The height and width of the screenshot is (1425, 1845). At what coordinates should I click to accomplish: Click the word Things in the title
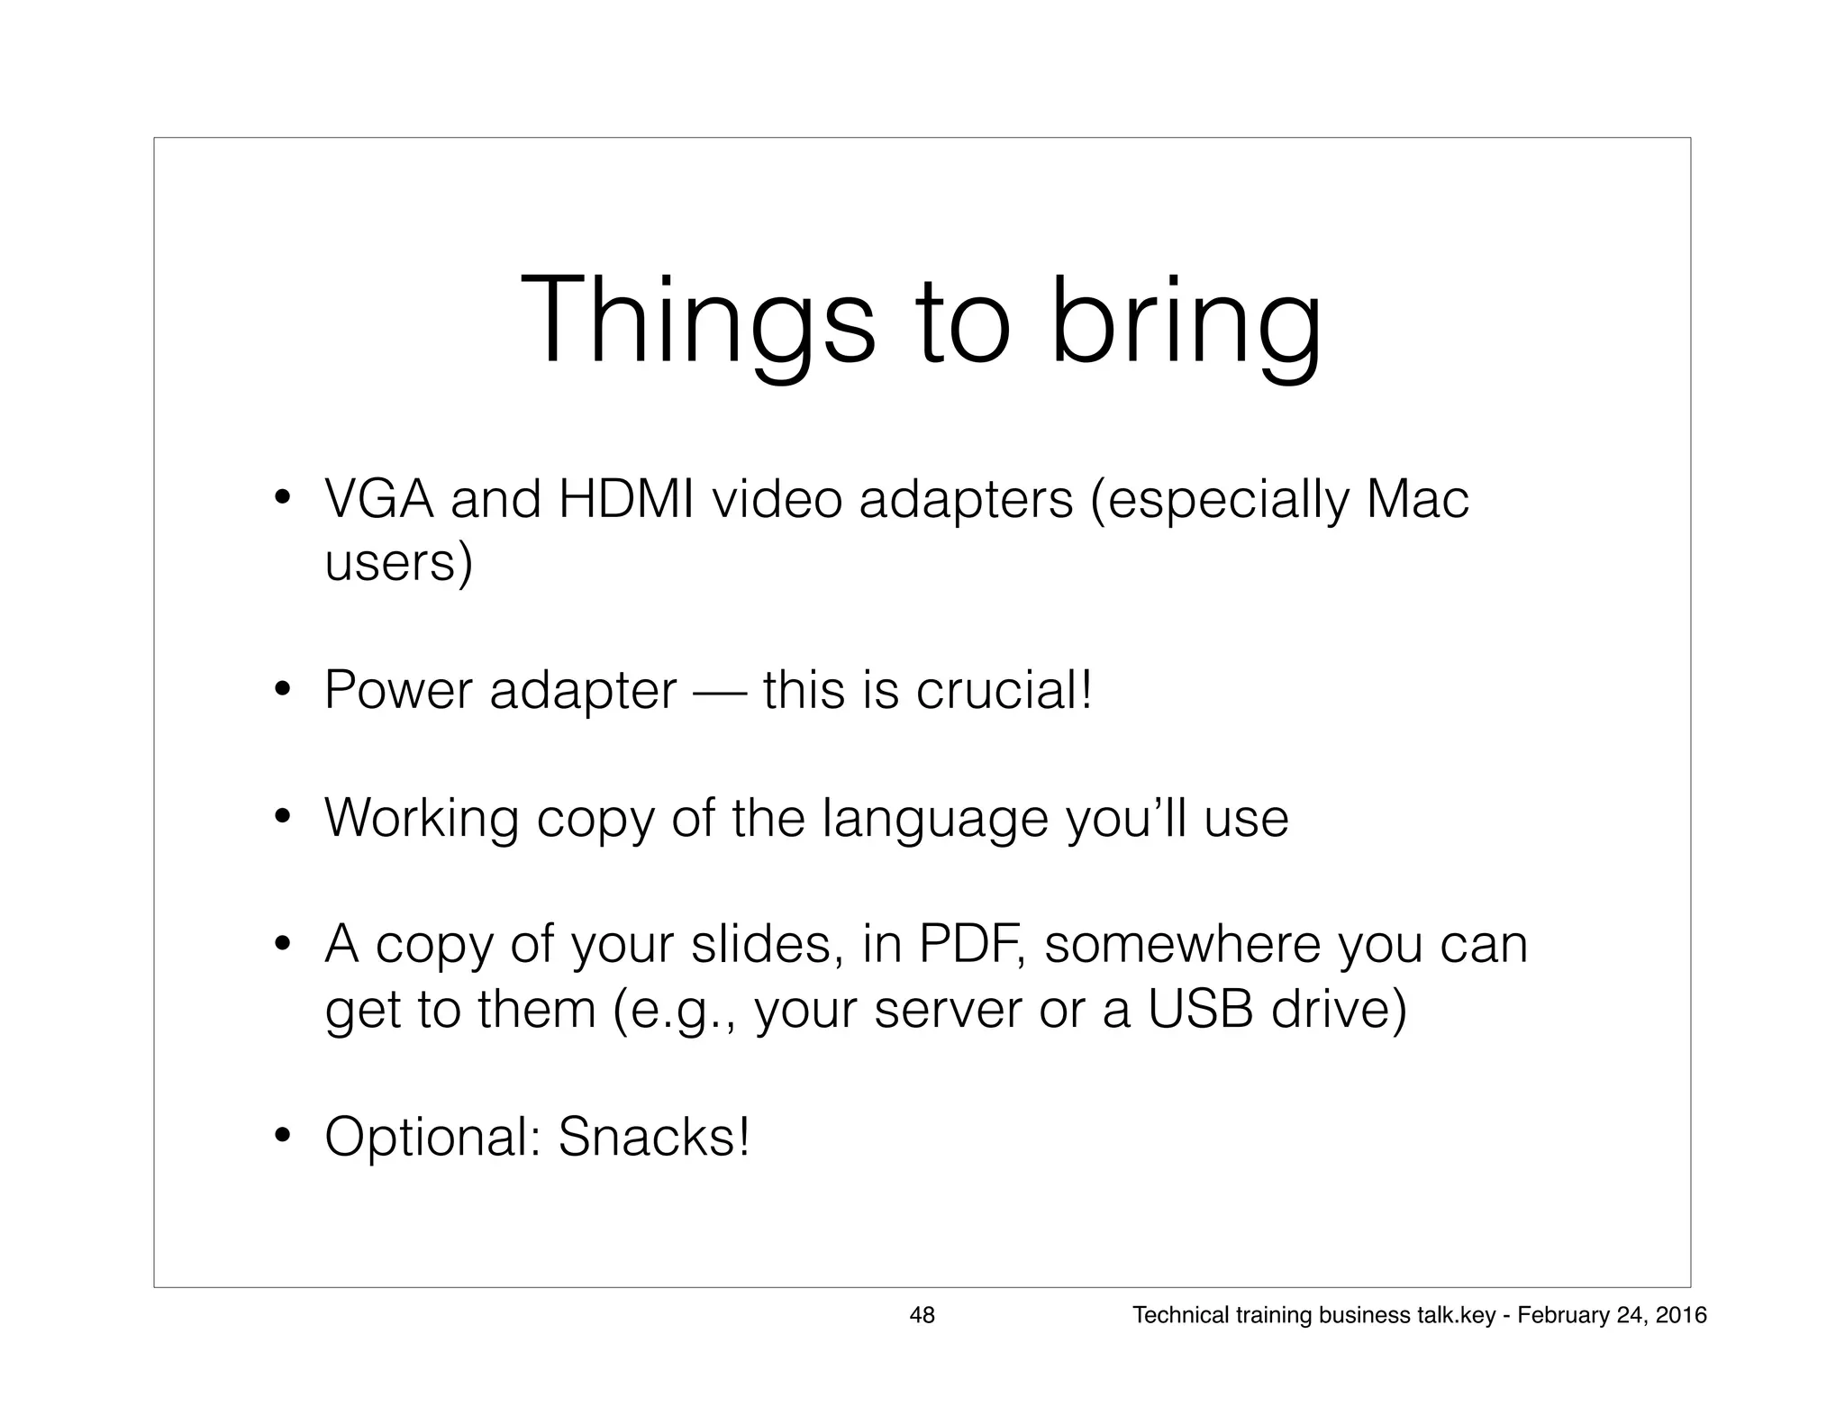[x=697, y=321]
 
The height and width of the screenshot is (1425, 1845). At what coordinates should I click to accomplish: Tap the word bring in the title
[x=1186, y=321]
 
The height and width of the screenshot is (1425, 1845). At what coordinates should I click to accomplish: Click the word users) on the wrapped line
[x=398, y=564]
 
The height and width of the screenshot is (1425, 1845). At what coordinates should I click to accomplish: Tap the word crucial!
[x=1004, y=691]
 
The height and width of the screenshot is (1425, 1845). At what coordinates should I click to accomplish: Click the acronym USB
[x=1200, y=1010]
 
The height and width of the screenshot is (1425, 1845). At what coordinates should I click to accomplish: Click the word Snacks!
[x=654, y=1137]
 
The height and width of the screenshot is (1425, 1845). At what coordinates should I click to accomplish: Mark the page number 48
[x=922, y=1315]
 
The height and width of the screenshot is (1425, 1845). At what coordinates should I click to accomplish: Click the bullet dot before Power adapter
[x=282, y=692]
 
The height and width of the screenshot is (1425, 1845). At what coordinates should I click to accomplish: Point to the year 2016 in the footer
[x=1681, y=1315]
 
